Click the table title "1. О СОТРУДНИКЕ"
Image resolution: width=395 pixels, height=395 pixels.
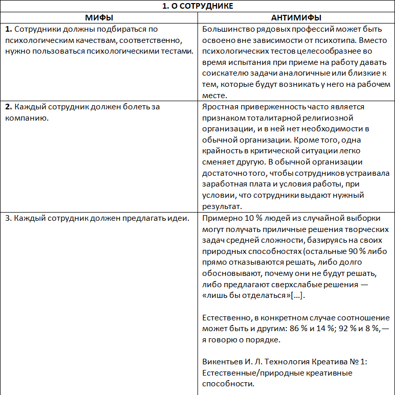click(198, 6)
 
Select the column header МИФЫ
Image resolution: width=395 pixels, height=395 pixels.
click(99, 17)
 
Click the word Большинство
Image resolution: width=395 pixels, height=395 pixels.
click(227, 29)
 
